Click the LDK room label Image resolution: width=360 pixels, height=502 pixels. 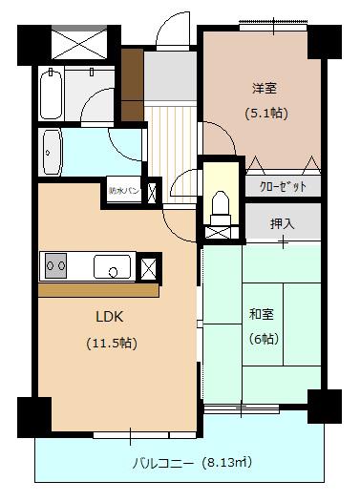pos(109,317)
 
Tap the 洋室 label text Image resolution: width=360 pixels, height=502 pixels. pos(265,88)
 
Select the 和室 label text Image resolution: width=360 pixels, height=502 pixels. pos(262,314)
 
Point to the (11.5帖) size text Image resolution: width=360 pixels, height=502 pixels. pos(112,344)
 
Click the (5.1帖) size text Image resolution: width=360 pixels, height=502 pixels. pos(266,114)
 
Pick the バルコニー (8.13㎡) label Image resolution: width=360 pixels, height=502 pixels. pos(192,463)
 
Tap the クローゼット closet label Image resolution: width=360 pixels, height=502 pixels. pos(284,187)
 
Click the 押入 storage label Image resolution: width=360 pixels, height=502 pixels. pos(282,223)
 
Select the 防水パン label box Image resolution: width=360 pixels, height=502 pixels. pos(124,191)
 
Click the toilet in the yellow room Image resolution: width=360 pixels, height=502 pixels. pos(221,207)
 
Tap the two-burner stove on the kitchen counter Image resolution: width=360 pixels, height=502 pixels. pos(56,265)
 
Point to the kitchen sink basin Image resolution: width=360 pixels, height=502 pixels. pos(112,266)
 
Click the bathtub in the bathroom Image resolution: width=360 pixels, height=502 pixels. pos(51,94)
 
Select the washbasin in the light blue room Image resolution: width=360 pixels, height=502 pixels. pos(52,153)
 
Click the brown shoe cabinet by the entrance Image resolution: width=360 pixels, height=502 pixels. pos(132,85)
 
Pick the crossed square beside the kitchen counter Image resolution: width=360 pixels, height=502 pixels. pos(149,267)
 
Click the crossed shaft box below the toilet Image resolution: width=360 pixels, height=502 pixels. pos(218,233)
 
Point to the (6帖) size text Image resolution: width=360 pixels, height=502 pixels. pos(264,339)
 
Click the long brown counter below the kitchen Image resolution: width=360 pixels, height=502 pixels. pos(98,291)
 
